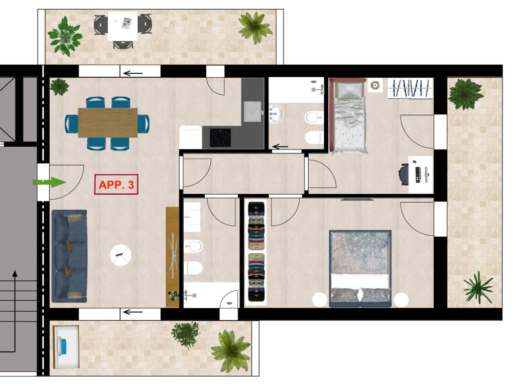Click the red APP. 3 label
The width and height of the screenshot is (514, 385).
coord(116,184)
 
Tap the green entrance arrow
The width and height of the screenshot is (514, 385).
coord(49,182)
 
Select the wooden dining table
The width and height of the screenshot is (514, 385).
coord(107,122)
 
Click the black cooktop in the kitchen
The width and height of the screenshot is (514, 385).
coord(220,137)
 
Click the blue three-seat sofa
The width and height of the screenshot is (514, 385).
coord(69,256)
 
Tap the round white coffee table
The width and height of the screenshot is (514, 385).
coord(120,255)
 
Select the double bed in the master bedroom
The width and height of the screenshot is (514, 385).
coord(360,269)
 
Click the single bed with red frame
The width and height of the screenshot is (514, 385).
coord(348,116)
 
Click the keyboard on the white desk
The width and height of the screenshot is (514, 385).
coord(418,174)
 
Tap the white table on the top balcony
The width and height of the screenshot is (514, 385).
coord(122,26)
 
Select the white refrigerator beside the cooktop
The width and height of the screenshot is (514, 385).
coord(190,137)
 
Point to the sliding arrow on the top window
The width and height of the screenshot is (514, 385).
coord(133,73)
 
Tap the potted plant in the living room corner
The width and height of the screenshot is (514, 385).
coord(59,86)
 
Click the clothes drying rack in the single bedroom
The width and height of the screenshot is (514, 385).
coord(411,88)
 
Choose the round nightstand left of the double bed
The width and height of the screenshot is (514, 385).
coord(320,300)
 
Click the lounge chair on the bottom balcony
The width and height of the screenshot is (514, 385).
coord(66,347)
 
